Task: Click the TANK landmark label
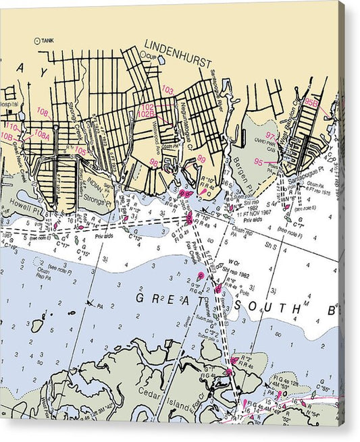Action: [x=47, y=40]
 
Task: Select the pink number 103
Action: [x=168, y=90]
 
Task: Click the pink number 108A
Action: [x=42, y=135]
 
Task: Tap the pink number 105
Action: [x=80, y=150]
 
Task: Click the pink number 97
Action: [x=271, y=136]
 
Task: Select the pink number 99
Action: [x=201, y=159]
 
